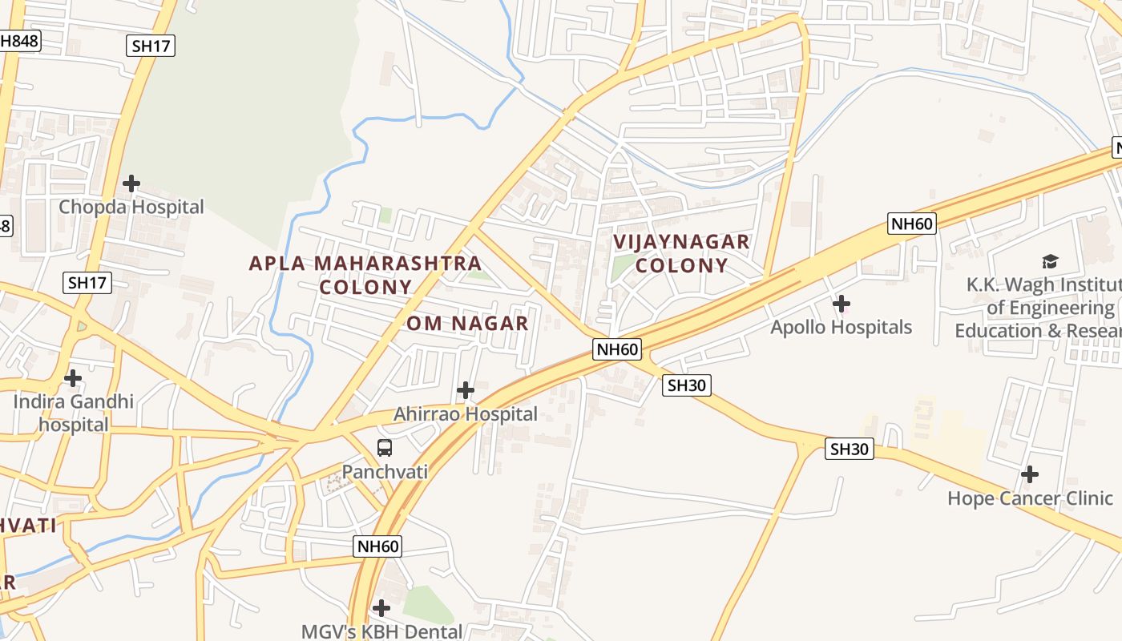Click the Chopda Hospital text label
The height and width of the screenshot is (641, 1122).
point(131,207)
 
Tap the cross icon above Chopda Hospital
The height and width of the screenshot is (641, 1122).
point(131,183)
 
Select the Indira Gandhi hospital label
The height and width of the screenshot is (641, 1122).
point(73,413)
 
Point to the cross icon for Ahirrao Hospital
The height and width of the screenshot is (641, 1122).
point(465,390)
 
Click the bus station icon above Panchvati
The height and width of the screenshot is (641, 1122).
point(385,448)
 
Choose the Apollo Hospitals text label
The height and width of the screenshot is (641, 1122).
point(841,327)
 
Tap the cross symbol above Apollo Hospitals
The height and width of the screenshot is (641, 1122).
point(841,304)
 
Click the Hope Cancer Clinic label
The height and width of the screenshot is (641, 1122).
point(1030,498)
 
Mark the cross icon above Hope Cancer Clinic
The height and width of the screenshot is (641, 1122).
point(1030,474)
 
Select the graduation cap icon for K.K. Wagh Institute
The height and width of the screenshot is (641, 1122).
point(1050,261)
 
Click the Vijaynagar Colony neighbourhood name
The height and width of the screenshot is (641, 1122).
point(682,253)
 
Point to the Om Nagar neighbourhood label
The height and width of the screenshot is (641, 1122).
point(467,323)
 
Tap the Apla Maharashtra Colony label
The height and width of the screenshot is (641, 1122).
point(365,275)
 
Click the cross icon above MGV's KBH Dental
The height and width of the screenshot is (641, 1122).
point(381,608)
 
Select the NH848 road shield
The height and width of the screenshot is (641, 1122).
point(18,41)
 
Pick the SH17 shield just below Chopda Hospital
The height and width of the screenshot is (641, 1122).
point(88,282)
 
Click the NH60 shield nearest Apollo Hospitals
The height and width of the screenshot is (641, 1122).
point(911,224)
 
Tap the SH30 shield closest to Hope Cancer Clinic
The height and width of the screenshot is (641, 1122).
point(849,450)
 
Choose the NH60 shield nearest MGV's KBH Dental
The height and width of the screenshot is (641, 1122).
point(377,546)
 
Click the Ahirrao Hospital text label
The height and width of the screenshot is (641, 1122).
point(465,413)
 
